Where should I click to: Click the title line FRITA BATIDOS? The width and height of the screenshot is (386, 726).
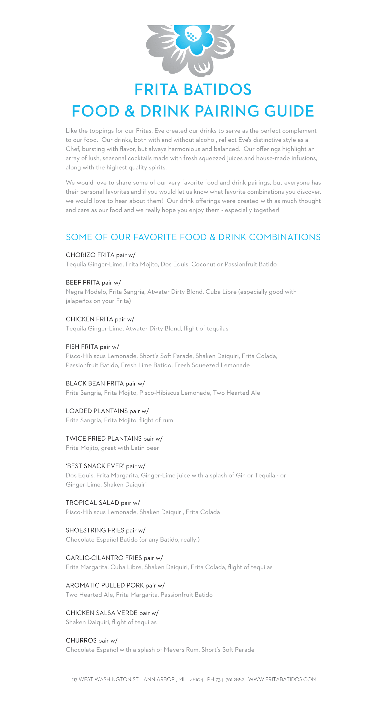pos(193,90)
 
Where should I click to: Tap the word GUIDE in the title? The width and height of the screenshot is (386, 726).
pos(289,111)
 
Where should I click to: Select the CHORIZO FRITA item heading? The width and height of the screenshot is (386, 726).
pos(90,255)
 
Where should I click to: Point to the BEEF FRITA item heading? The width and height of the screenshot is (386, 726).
pos(83,283)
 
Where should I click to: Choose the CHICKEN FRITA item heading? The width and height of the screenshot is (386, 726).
pos(89,319)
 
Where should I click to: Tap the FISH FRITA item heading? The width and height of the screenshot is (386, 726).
pos(82,347)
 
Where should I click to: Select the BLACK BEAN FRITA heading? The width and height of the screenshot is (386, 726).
pos(95,384)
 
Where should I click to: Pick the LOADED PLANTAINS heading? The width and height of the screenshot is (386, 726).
pos(97,411)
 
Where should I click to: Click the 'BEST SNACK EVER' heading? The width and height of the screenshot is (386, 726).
pos(95,466)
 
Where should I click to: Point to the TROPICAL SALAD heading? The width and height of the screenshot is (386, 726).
pos(92,503)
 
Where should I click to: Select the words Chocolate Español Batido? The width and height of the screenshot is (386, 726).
pos(102,539)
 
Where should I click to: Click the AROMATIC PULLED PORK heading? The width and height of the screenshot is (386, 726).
pos(105,585)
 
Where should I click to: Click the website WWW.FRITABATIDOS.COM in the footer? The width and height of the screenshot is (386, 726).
pos(282,679)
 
